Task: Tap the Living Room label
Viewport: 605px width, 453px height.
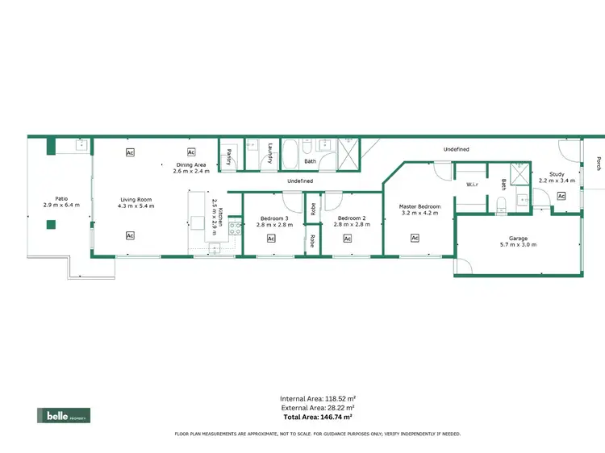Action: tap(136, 202)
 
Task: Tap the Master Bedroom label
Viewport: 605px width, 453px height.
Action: tap(419, 210)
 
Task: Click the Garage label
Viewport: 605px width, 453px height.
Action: tap(518, 241)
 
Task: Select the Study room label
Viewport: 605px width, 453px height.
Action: tap(557, 177)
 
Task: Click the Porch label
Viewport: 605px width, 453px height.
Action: tap(599, 163)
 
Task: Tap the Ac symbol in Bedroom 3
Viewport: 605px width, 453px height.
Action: tap(271, 239)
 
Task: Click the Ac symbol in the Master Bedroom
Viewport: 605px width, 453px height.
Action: tap(415, 238)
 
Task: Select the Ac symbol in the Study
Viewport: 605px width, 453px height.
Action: tap(561, 196)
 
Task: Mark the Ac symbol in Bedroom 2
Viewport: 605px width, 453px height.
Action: tap(348, 239)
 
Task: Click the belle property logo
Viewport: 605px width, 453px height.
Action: tap(64, 416)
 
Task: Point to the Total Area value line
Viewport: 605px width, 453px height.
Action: tap(318, 418)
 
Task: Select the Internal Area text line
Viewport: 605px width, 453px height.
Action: tap(318, 399)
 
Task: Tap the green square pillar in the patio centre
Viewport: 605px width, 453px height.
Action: tap(51, 225)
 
